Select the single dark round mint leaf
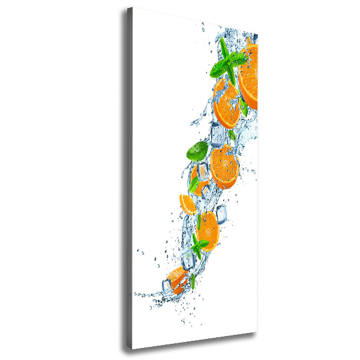[x=197, y=151]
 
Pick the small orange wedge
[x=187, y=204]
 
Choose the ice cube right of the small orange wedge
[x=221, y=214]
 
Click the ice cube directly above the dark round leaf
[x=218, y=133]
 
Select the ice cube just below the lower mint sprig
[x=188, y=259]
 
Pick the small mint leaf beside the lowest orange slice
[x=193, y=281]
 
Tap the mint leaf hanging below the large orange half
[x=244, y=108]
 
